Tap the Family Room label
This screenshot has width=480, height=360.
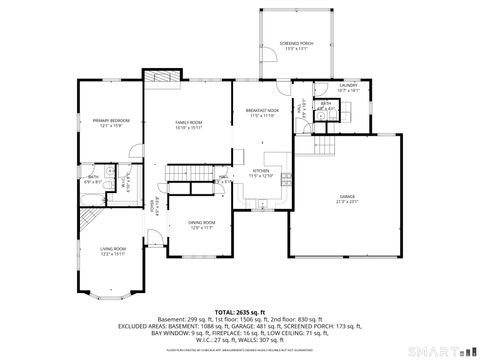pos(189,124)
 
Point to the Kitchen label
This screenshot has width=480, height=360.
pos(261,173)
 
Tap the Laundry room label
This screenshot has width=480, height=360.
pos(347,88)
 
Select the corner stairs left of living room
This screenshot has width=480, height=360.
pos(90,221)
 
